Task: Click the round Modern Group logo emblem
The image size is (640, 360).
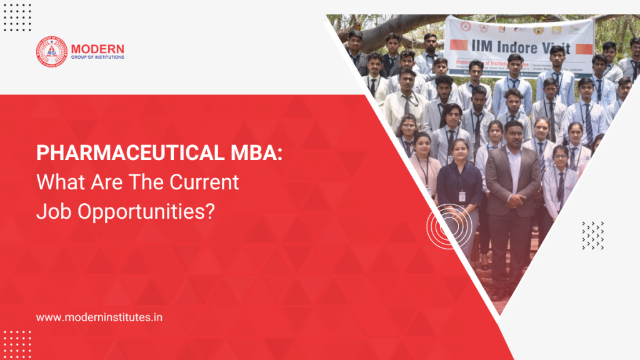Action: pyautogui.click(x=51, y=52)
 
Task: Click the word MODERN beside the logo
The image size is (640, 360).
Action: pyautogui.click(x=97, y=48)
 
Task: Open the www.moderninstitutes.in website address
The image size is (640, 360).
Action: pyautogui.click(x=100, y=317)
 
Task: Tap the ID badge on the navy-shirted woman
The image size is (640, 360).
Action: pyautogui.click(x=462, y=196)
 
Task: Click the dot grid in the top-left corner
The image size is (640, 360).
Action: pyautogui.click(x=17, y=17)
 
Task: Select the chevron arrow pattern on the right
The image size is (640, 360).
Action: pyautogui.click(x=592, y=236)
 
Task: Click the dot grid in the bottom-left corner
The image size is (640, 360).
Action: pyautogui.click(x=17, y=344)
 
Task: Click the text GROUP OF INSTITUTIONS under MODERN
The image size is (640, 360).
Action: pyautogui.click(x=97, y=57)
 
